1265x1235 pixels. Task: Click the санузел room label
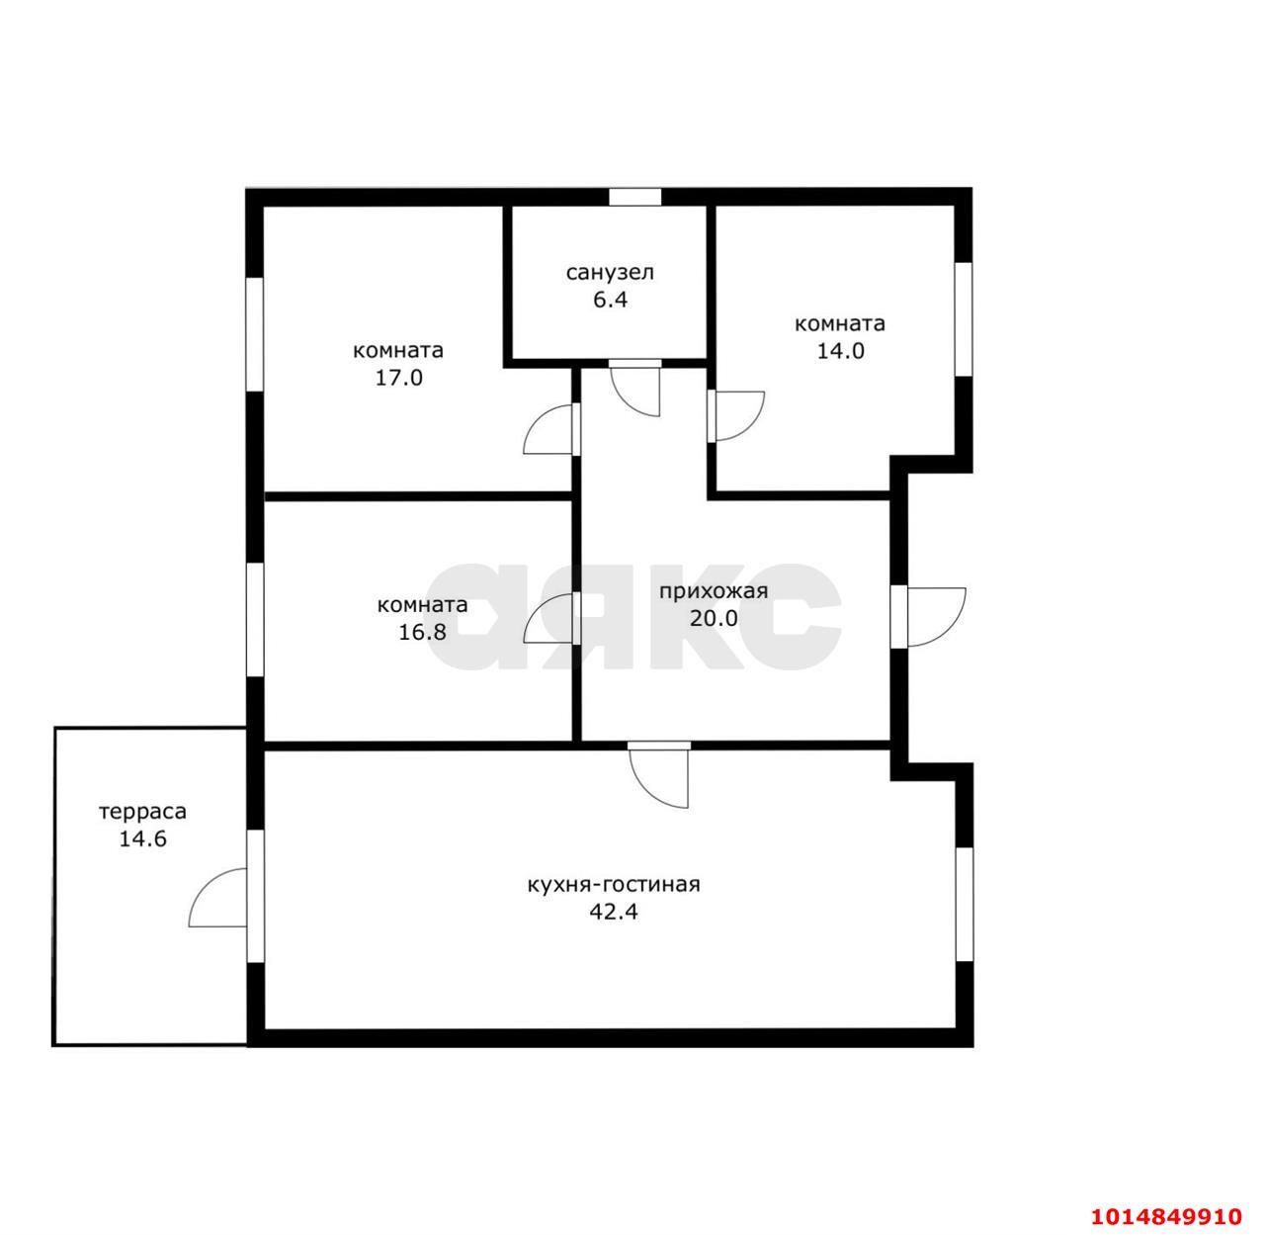(609, 273)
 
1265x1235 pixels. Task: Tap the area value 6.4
(610, 301)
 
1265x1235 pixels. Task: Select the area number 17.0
(398, 378)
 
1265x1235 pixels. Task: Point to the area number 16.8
(422, 632)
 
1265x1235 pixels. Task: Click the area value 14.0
(840, 351)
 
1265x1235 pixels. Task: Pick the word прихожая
(714, 592)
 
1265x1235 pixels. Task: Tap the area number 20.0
(714, 618)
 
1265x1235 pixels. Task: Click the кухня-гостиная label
(613, 885)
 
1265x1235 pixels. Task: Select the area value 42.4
(613, 912)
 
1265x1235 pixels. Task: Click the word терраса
(142, 812)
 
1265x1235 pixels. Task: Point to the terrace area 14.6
(142, 838)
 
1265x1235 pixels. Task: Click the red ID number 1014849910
(1166, 1216)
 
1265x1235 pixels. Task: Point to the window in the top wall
(635, 197)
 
